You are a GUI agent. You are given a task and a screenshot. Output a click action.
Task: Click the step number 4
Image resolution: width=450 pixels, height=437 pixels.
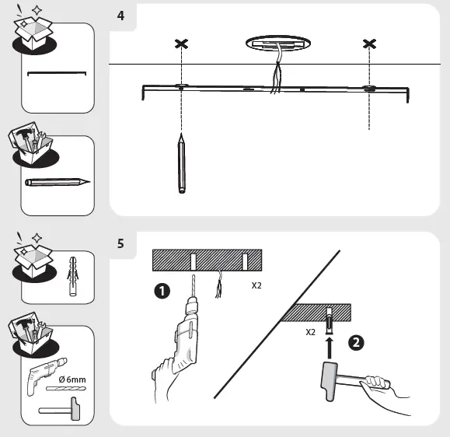(x=120, y=16)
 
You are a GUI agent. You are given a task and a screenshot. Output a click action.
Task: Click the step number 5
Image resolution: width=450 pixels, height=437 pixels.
(x=120, y=243)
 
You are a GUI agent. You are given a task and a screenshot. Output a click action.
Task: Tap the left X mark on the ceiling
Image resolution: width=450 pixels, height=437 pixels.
(x=181, y=44)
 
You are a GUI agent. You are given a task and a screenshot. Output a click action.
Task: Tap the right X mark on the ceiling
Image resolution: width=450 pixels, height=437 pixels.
(x=369, y=44)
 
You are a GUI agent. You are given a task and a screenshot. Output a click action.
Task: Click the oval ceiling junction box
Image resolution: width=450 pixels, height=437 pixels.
(x=278, y=44)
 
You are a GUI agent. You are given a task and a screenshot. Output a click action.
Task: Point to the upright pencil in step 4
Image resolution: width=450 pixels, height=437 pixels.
(x=181, y=163)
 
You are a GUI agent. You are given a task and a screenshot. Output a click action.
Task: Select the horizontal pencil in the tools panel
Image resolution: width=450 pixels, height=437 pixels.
(x=58, y=182)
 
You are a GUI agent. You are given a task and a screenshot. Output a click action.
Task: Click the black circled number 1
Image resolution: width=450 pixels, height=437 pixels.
(x=162, y=291)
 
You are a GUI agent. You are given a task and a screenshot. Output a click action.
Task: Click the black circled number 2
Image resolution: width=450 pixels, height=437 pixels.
(x=356, y=343)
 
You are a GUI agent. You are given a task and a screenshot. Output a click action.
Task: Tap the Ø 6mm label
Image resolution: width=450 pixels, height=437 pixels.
(x=72, y=379)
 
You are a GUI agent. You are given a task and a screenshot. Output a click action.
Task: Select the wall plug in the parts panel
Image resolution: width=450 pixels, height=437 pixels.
(x=73, y=276)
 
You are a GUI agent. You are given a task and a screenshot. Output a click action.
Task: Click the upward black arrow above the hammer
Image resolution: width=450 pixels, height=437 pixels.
(x=330, y=348)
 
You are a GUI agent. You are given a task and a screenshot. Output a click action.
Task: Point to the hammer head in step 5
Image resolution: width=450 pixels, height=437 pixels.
(x=329, y=381)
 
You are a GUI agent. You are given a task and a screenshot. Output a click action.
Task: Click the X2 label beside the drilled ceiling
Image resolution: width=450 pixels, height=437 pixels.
(x=256, y=285)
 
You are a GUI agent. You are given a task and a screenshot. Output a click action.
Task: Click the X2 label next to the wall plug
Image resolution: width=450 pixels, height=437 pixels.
(x=311, y=332)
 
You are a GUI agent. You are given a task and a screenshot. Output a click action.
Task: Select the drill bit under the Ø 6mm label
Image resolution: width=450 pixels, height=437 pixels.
(x=66, y=389)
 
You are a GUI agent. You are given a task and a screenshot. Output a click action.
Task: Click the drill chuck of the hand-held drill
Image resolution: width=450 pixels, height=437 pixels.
(x=193, y=306)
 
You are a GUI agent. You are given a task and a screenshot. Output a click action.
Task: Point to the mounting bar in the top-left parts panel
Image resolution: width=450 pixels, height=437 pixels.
(x=57, y=73)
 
